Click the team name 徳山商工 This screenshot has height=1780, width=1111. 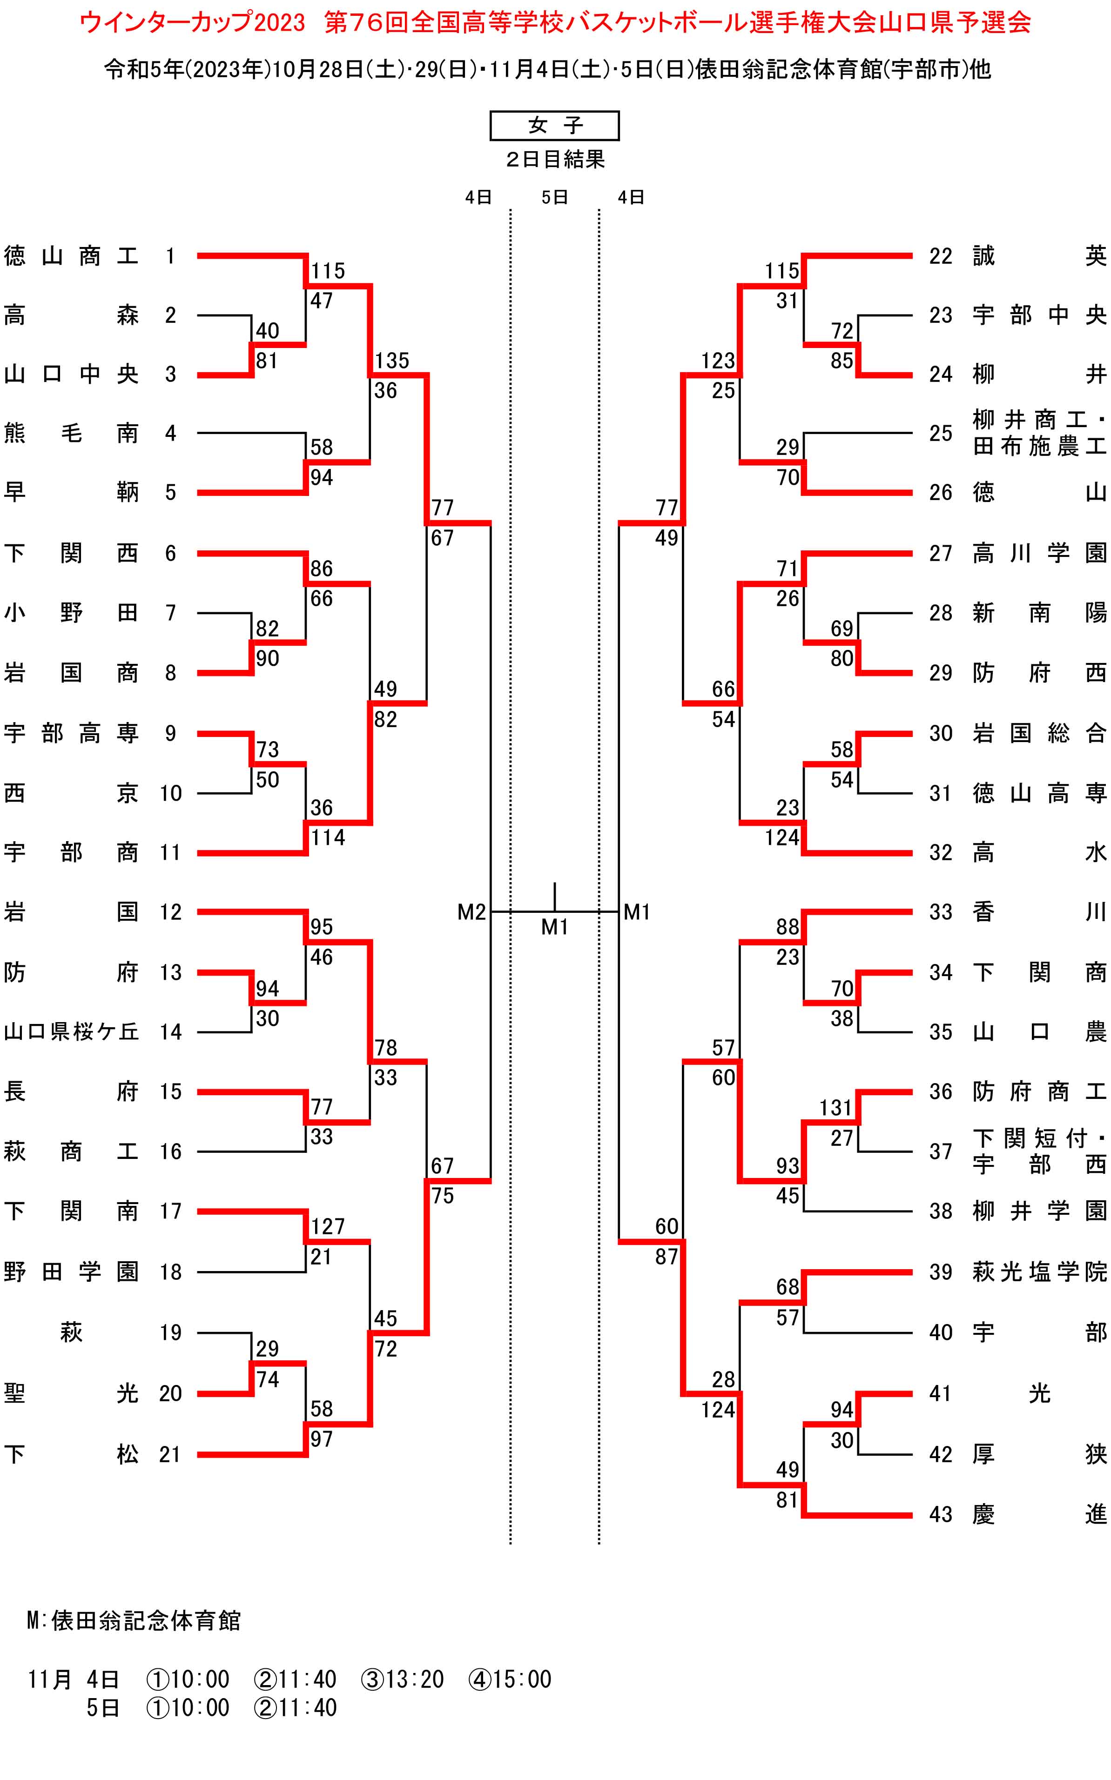pyautogui.click(x=71, y=256)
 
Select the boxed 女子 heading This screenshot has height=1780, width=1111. pyautogui.click(x=555, y=126)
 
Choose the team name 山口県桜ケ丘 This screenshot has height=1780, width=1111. pyautogui.click(x=71, y=1032)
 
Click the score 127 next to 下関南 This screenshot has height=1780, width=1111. pyautogui.click(x=328, y=1226)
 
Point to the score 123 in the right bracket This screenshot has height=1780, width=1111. pyautogui.click(x=718, y=361)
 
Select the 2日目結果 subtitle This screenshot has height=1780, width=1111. pyautogui.click(x=555, y=160)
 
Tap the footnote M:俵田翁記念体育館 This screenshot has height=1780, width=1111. pyautogui.click(x=134, y=1620)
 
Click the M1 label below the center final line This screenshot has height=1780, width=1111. pyautogui.click(x=555, y=927)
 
